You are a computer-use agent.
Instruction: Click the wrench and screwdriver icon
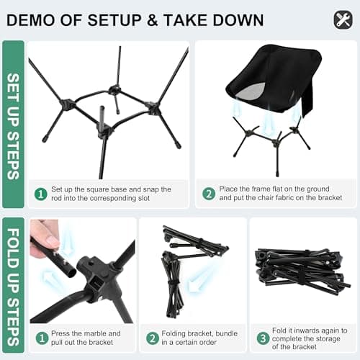tap(343, 20)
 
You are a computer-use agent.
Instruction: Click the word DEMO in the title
tap(31, 20)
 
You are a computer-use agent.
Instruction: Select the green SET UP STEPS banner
tap(13, 124)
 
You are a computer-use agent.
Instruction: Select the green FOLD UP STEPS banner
tap(13, 285)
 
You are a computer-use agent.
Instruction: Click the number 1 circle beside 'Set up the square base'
tap(41, 194)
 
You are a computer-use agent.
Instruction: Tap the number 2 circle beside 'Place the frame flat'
tap(209, 194)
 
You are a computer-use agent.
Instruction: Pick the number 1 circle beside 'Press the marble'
tap(42, 338)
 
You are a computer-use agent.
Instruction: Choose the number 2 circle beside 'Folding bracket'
tap(153, 338)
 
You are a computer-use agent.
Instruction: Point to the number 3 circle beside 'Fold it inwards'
tap(263, 338)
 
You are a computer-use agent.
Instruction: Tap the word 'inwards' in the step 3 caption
tap(309, 330)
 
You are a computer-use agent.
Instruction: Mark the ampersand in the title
tap(153, 20)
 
